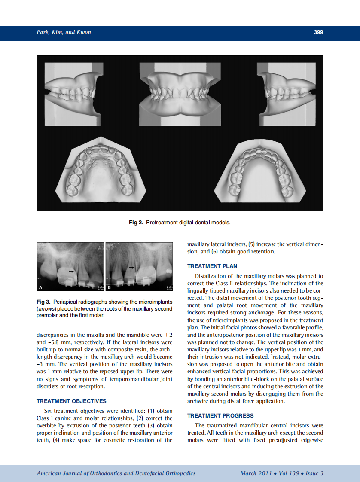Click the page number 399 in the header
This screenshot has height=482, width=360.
pyautogui.click(x=318, y=32)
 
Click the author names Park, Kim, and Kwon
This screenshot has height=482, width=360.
pyautogui.click(x=64, y=32)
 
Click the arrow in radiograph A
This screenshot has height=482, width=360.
pyautogui.click(x=71, y=272)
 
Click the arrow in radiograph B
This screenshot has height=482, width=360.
pyautogui.click(x=132, y=268)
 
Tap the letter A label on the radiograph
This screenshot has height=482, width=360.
pyautogui.click(x=41, y=287)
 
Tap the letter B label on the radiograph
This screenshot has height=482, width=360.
pyautogui.click(x=109, y=287)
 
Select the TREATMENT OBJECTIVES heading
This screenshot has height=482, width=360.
pyautogui.click(x=71, y=401)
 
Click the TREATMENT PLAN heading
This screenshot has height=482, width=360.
pyautogui.click(x=212, y=266)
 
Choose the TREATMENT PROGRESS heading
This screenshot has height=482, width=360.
pyautogui.click(x=220, y=415)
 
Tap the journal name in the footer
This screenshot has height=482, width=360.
pyautogui.click(x=116, y=473)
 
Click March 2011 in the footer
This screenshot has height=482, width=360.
pyautogui.click(x=256, y=473)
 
